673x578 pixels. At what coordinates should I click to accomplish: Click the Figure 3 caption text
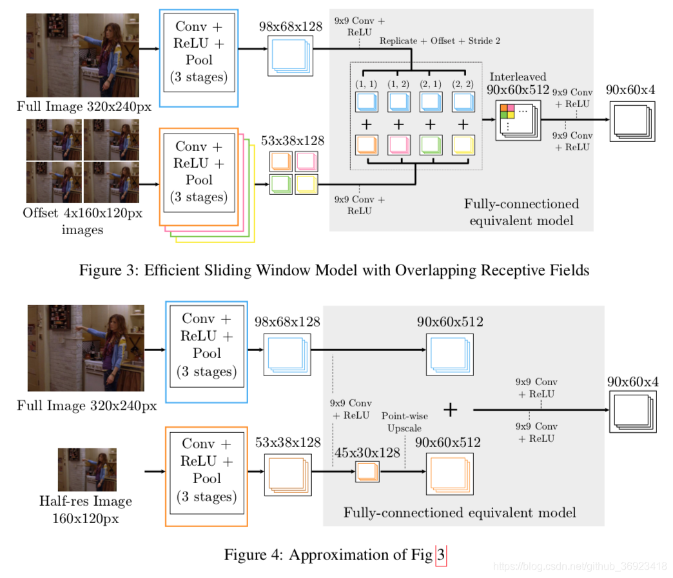point(334,270)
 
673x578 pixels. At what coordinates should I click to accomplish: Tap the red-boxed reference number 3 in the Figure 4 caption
point(441,555)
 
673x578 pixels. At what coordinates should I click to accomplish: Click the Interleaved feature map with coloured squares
point(518,120)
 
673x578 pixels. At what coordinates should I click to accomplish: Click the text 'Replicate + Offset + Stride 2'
point(440,41)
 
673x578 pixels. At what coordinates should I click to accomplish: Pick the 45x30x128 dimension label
point(367,453)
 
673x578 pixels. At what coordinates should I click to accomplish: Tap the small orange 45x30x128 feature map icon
point(367,472)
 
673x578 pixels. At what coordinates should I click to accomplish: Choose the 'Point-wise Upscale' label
point(405,422)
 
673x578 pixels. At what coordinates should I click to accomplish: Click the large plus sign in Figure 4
point(450,410)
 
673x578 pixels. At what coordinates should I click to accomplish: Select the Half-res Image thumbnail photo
point(87,470)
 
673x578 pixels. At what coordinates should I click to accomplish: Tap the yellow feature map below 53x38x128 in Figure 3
point(306,184)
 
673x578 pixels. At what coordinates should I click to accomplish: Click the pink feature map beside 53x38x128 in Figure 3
point(306,162)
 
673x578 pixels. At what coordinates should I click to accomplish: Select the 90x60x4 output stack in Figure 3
point(632,121)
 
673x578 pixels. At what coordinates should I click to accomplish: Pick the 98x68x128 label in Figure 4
point(287,322)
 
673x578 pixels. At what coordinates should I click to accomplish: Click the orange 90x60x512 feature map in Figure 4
point(450,474)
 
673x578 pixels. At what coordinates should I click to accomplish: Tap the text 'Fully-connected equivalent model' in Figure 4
point(460,513)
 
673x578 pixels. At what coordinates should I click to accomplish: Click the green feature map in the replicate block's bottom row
point(431,145)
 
